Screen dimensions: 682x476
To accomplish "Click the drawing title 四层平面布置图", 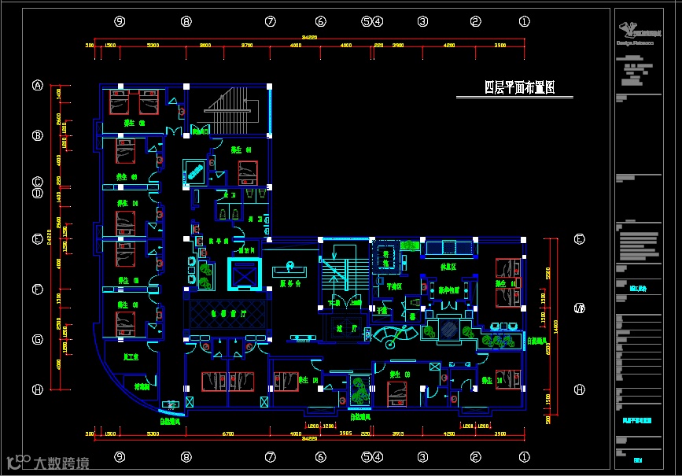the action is tap(520, 87).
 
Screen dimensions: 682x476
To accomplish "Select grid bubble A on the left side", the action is tap(37, 86).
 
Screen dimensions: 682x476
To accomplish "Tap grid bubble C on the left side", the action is tap(37, 180).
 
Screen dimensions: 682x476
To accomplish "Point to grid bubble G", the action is tap(37, 340).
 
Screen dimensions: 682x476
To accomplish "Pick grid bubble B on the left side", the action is tap(37, 135).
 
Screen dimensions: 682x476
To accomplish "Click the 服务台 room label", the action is tap(290, 285).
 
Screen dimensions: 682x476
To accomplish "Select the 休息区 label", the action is tap(448, 267).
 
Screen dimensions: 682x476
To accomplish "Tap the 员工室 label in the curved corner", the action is tap(131, 357).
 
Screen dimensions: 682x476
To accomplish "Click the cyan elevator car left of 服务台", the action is tap(242, 274).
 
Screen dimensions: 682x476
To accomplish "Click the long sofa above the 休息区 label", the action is tap(449, 248).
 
